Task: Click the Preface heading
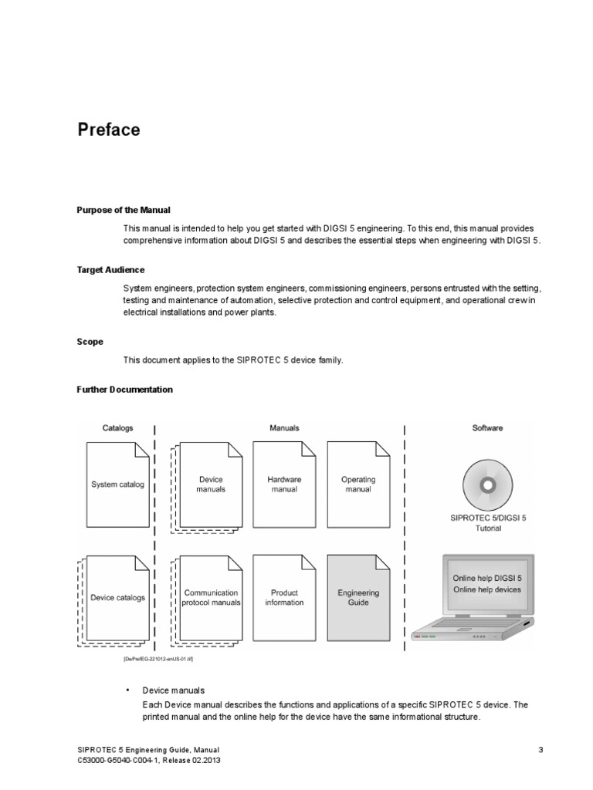click(x=109, y=130)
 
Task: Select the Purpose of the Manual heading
click(x=124, y=210)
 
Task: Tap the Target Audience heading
click(x=110, y=270)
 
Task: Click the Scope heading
click(x=90, y=341)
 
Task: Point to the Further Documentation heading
click(x=124, y=390)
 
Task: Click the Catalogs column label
click(x=117, y=427)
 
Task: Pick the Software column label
click(x=487, y=427)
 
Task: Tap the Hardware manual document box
click(x=284, y=484)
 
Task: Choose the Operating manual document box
click(x=357, y=484)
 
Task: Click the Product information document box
click(x=284, y=597)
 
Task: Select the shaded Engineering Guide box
click(x=357, y=597)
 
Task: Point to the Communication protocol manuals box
click(x=211, y=597)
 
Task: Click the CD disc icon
click(x=486, y=484)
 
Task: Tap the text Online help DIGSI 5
click(x=486, y=578)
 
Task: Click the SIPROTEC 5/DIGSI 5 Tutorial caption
click(x=486, y=523)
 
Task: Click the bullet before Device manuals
click(x=127, y=690)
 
